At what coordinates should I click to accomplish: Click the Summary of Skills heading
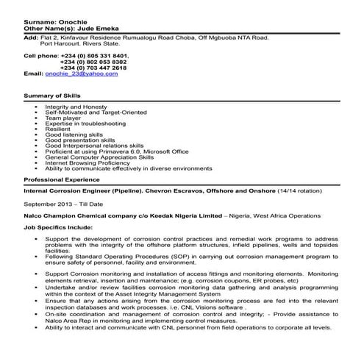(53, 96)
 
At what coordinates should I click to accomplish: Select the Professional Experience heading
(62, 179)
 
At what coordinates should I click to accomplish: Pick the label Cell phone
(40, 55)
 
